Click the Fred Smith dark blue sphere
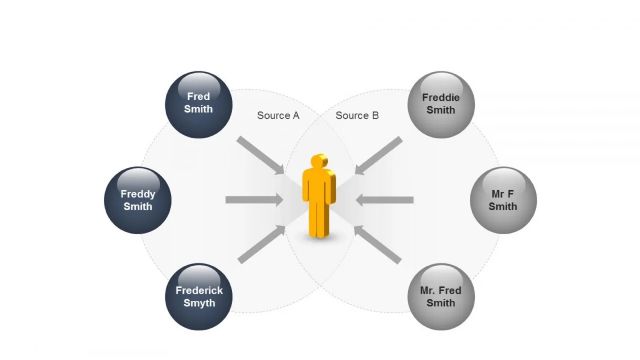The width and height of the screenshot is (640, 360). click(198, 105)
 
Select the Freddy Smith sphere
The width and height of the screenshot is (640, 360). click(138, 200)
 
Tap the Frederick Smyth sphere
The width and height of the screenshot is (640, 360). click(198, 297)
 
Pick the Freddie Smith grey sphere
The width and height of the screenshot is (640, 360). click(441, 105)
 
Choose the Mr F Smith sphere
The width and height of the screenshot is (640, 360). click(504, 200)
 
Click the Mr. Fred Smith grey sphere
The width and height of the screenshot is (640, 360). click(441, 297)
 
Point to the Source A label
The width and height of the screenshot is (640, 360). click(278, 116)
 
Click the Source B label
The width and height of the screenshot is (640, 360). click(357, 116)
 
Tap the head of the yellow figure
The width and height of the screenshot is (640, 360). click(319, 161)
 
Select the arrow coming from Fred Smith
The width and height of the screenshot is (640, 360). click(260, 155)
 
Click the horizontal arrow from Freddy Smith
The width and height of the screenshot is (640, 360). click(254, 200)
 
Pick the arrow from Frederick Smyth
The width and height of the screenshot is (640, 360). click(262, 244)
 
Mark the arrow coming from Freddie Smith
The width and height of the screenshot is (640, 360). click(378, 156)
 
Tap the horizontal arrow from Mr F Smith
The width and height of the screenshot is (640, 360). click(384, 200)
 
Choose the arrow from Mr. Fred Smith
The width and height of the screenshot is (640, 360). click(378, 244)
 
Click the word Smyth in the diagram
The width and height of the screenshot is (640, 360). click(199, 304)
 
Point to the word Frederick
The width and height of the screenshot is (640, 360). click(199, 290)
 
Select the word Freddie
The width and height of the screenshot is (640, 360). click(441, 98)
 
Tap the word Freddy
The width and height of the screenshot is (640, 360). click(138, 194)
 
